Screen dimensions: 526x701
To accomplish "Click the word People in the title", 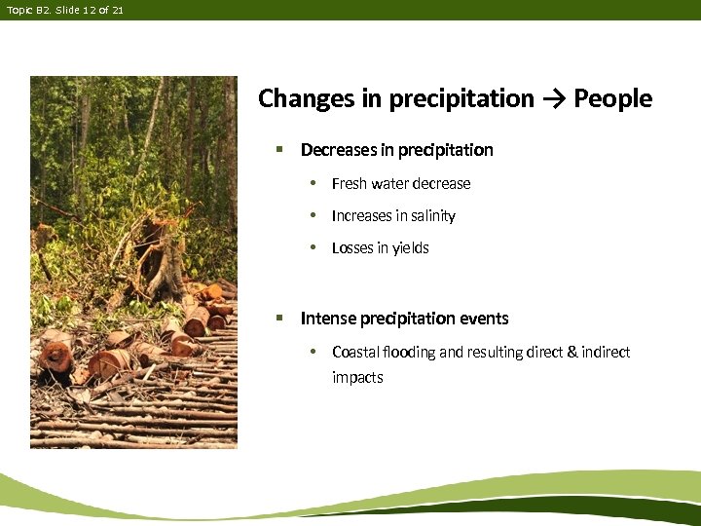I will pyautogui.click(x=613, y=98).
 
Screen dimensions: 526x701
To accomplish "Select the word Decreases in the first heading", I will pyautogui.click(x=337, y=150).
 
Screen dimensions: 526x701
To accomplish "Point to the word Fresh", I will pyautogui.click(x=349, y=183).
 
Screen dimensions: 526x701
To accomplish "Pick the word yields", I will pyautogui.click(x=410, y=248).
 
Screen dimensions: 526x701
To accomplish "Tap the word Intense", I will pyautogui.click(x=327, y=319).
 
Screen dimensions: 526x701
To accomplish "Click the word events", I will pyautogui.click(x=484, y=319).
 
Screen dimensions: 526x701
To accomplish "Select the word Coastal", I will pyautogui.click(x=356, y=352).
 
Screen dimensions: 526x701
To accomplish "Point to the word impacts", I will pyautogui.click(x=357, y=377).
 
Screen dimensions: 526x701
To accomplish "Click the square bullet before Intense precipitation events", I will pyautogui.click(x=278, y=319).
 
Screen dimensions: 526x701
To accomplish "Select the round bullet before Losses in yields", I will pyautogui.click(x=313, y=248).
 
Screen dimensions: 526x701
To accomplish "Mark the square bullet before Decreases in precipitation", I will pyautogui.click(x=278, y=150).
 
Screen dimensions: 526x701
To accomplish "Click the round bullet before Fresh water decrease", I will pyautogui.click(x=313, y=183).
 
